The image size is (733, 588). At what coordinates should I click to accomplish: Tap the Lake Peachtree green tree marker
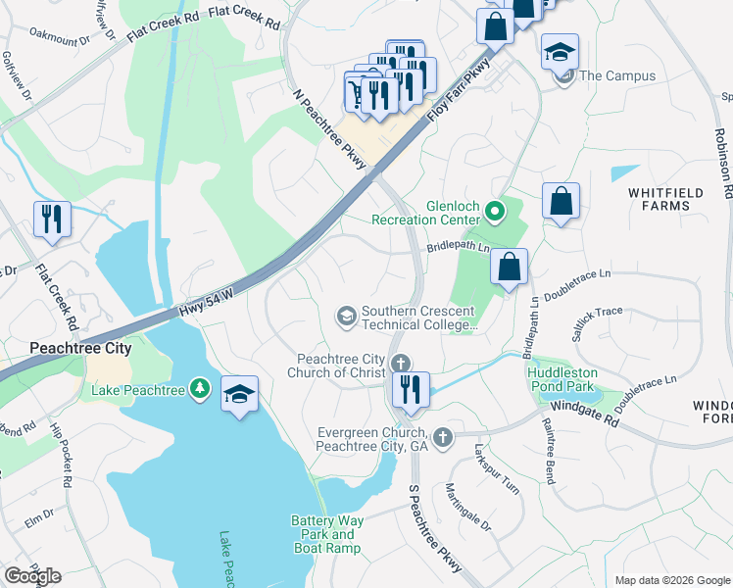pyautogui.click(x=200, y=390)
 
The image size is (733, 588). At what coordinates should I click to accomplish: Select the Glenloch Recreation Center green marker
pyautogui.click(x=497, y=210)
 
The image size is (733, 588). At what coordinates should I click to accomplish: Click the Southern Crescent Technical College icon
pyautogui.click(x=346, y=315)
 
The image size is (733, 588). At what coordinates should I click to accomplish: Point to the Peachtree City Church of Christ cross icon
pyautogui.click(x=401, y=365)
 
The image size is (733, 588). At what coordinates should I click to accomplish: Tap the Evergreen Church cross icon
pyautogui.click(x=443, y=437)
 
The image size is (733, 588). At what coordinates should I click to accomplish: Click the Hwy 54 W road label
pyautogui.click(x=208, y=302)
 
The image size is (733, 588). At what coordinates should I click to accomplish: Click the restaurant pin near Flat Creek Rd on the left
pyautogui.click(x=51, y=220)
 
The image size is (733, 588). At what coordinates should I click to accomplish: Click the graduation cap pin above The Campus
pyautogui.click(x=560, y=52)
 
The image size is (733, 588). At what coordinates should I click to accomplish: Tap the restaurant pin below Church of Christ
pyautogui.click(x=411, y=389)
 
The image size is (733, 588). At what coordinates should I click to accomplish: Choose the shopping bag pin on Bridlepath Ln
pyautogui.click(x=510, y=267)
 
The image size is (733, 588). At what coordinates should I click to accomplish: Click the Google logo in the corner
pyautogui.click(x=32, y=576)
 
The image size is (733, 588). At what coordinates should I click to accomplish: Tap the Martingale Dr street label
pyautogui.click(x=466, y=507)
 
